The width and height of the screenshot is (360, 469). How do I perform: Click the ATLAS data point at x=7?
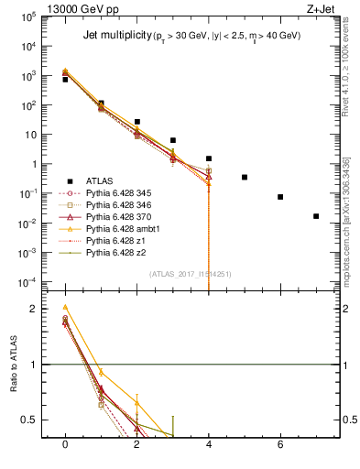[x=316, y=216]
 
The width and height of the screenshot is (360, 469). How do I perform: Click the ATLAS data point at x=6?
[x=280, y=197]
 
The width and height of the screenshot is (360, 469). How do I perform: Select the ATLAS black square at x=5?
[x=245, y=177]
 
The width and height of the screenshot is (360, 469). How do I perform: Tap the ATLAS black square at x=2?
[x=136, y=122]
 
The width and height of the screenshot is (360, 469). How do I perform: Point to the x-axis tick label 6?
[x=280, y=443]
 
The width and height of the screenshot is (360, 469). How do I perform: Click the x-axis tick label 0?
[x=65, y=443]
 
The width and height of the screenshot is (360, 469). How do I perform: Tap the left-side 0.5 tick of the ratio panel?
[x=29, y=420]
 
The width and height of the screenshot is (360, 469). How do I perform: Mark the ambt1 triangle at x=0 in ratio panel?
[x=65, y=307]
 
